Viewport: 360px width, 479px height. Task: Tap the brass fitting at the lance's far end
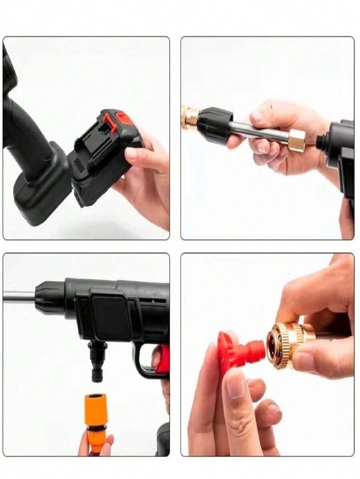[x=190, y=118]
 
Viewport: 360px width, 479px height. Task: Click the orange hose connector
[x=96, y=416]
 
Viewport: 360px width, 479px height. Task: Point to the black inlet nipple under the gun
[x=97, y=360]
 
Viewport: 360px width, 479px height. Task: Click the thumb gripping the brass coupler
[x=312, y=362]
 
